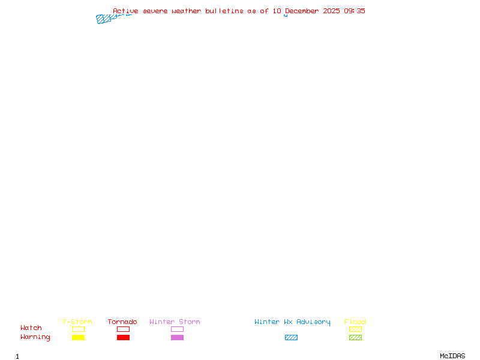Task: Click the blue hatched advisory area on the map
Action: [104, 19]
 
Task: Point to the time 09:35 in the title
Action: [354, 11]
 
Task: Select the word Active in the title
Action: [125, 11]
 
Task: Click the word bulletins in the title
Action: [224, 11]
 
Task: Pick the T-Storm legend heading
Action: [77, 322]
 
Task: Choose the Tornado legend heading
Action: [122, 322]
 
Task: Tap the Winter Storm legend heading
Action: [175, 322]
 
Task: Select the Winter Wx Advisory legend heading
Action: [292, 322]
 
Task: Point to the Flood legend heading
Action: [355, 322]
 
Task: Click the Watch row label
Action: [31, 328]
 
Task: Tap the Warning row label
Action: [35, 337]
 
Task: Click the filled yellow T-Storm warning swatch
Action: [78, 337]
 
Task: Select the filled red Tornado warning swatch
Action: [123, 337]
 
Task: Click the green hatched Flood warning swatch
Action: [355, 337]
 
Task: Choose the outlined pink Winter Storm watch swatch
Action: [177, 329]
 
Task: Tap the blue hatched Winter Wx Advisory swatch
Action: [291, 337]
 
